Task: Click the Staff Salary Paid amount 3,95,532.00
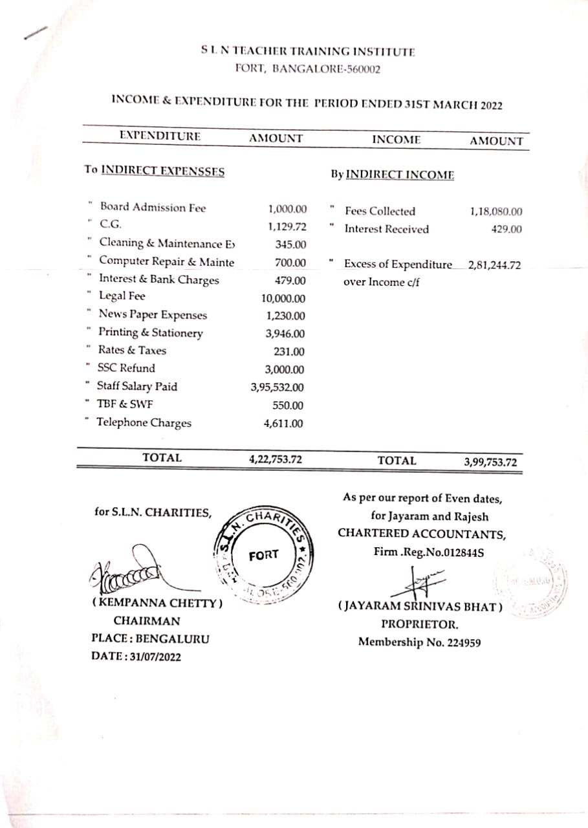pos(277,388)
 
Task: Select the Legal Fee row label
pos(122,296)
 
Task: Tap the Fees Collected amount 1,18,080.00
pos(496,212)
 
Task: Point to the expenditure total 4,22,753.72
pos(276,460)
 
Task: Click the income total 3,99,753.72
pos(490,462)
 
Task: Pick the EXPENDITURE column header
pos(160,136)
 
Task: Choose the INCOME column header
pos(396,140)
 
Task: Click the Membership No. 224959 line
pos(419,643)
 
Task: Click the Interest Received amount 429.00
pos(506,230)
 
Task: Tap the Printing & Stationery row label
pos(150,333)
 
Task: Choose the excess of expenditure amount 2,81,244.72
pos(494,265)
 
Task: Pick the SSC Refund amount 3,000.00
pos(285,370)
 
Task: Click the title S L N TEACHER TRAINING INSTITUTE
pos(307,51)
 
